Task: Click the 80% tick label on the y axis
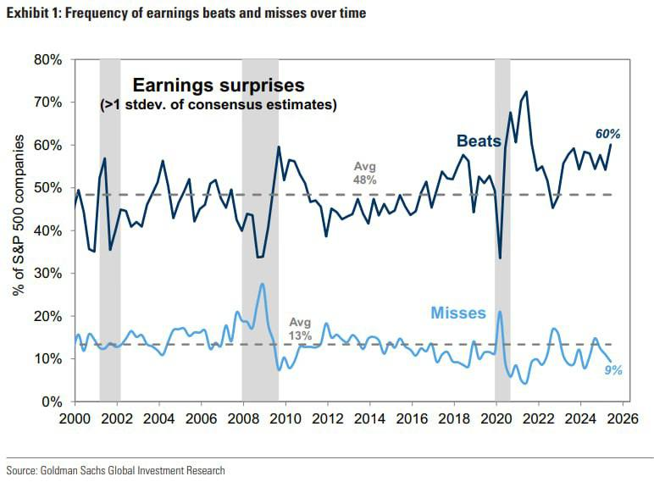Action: tap(48, 60)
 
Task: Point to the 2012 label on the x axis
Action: tap(327, 418)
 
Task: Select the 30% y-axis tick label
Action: tap(48, 274)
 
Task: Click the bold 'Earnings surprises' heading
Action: tap(217, 86)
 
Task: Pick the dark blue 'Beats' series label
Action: tap(479, 141)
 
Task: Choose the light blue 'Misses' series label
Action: tap(458, 313)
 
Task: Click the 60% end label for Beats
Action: tap(607, 134)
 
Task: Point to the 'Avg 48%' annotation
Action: tap(364, 173)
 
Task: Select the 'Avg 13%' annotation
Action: tap(301, 329)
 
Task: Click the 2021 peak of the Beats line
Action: tap(526, 91)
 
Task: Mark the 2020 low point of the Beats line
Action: tap(501, 258)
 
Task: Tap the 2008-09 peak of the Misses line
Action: tap(263, 284)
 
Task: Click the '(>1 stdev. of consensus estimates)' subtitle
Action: tap(218, 105)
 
